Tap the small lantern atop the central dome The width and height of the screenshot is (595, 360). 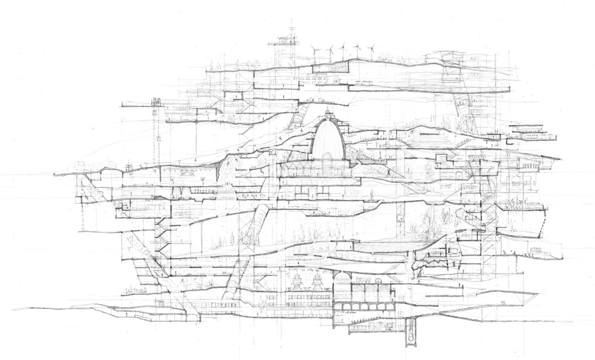[328, 113]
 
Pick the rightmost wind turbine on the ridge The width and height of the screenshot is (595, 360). [371, 50]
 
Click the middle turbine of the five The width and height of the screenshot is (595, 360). [344, 49]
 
